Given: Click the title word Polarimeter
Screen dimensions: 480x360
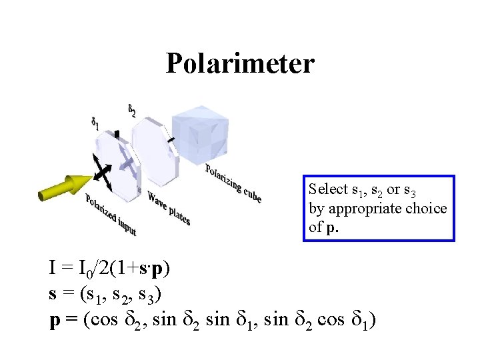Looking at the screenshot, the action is [x=239, y=63].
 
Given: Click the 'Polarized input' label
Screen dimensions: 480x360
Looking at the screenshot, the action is [x=111, y=215].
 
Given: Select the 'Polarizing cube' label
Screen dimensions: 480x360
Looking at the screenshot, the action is [x=233, y=183].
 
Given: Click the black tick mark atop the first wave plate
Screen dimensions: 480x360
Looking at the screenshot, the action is [x=117, y=134].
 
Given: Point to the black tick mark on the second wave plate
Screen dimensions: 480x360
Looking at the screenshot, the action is [x=171, y=139].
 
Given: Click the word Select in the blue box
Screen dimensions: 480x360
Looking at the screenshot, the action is [x=328, y=189].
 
